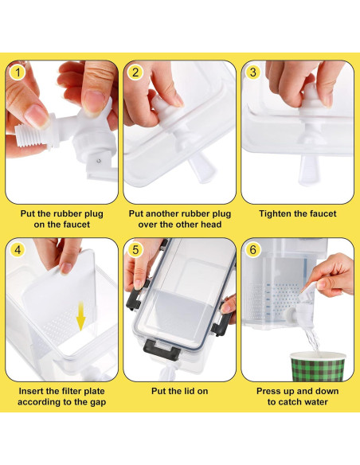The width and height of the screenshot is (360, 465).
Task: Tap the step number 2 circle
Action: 135,72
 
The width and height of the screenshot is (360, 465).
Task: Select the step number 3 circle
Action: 254,72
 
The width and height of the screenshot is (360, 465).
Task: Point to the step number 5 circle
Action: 135,248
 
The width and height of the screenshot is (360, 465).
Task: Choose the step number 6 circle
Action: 254,248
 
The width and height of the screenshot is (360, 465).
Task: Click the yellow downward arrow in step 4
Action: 80,320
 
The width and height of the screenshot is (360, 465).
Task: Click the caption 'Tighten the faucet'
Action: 299,213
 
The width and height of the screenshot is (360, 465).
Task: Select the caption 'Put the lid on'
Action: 180,391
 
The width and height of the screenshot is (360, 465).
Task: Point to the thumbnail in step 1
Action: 33,114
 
